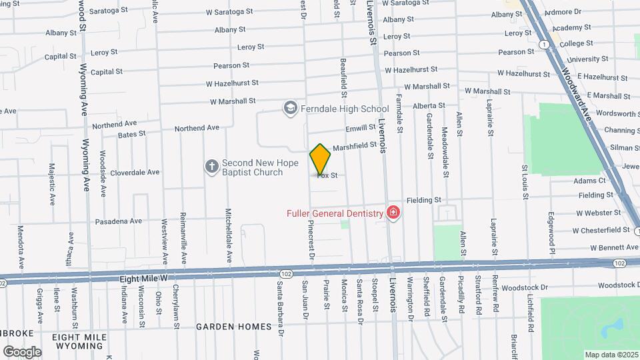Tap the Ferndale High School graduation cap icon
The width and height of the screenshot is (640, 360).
[290, 107]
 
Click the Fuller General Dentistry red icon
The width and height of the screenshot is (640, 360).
[393, 213]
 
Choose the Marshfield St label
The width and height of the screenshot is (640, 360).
[354, 147]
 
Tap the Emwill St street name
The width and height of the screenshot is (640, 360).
[361, 128]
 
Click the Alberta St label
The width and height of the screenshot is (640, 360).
[429, 105]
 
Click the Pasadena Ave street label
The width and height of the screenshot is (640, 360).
[119, 221]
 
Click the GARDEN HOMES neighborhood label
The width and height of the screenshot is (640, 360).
[234, 327]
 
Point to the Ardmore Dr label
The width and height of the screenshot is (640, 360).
[563, 12]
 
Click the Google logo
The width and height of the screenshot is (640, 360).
[22, 351]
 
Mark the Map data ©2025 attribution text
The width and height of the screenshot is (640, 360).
[611, 355]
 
